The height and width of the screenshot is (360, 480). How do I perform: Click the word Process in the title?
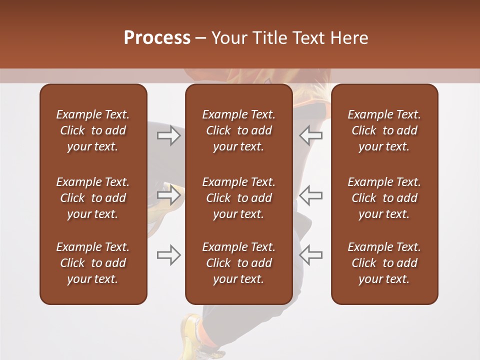click(157, 38)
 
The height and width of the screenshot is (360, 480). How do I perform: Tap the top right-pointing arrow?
click(168, 135)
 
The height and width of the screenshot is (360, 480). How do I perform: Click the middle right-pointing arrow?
click(168, 195)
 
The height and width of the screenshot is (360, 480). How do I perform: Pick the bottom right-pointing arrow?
click(168, 255)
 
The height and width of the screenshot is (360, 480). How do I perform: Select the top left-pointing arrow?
click(311, 135)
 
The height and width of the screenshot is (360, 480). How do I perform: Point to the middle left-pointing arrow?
click(311, 195)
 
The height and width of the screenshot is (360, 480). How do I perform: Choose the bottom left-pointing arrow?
click(311, 255)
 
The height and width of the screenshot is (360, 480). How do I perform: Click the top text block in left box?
click(93, 130)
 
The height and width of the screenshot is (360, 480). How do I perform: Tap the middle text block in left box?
click(93, 198)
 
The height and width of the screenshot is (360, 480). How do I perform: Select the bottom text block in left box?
click(93, 263)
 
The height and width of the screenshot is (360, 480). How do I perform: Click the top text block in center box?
click(238, 130)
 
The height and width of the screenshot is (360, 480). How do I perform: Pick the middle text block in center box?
click(238, 198)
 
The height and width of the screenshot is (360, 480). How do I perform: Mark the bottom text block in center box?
click(238, 263)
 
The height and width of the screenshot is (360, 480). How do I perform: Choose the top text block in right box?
click(384, 130)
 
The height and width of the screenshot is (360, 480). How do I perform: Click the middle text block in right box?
click(384, 198)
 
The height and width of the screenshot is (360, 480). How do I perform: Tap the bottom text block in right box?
click(384, 263)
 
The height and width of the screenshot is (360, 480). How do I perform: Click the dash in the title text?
click(201, 38)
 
